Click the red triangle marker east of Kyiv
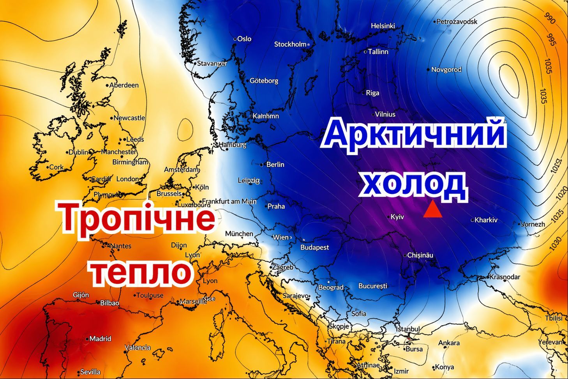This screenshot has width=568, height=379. coord(432,210)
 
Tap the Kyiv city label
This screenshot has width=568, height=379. coord(397,217)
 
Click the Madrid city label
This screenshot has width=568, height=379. coord(100,338)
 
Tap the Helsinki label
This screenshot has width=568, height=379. coord(383,26)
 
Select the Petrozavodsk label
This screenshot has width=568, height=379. coord(456,21)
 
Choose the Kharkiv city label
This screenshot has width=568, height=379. coord(485,220)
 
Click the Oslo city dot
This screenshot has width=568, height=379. coord(235,39)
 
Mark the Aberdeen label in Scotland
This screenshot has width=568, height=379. coord(123,85)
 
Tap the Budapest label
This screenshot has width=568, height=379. coord(314,247)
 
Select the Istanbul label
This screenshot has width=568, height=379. coord(408,329)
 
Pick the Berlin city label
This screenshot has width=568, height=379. coord(275,165)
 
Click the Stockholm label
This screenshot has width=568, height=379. coord(290,44)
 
